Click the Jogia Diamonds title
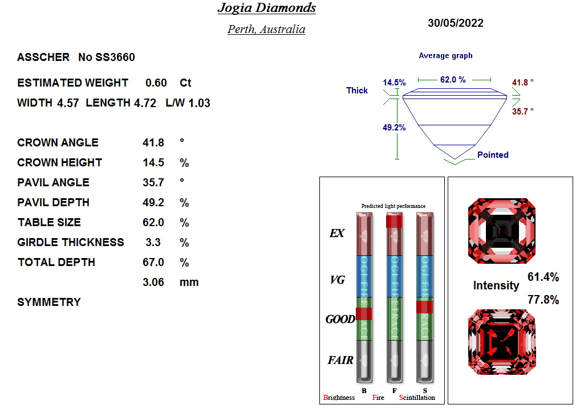266,8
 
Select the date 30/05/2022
455,23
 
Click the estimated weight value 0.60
156,83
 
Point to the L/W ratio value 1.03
201,103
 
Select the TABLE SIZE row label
49,222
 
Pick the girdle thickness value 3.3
153,242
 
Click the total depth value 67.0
153,262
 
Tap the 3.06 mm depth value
153,282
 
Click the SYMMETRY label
49,302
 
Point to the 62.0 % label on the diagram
453,80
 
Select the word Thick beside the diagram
357,91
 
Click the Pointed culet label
493,155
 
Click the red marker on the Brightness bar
364,313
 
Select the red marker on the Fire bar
394,221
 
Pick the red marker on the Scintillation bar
425,307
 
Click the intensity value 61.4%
543,277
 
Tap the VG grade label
338,280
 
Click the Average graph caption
445,56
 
